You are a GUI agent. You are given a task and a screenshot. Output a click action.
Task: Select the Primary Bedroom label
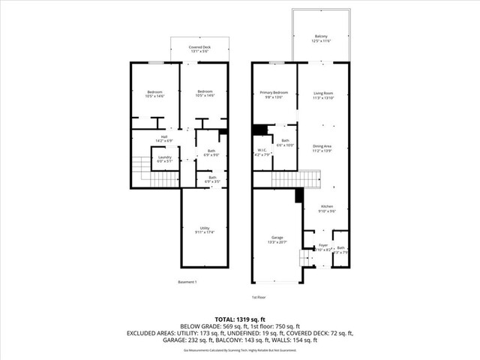click(x=274, y=93)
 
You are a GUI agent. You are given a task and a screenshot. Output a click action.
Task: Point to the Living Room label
click(x=322, y=93)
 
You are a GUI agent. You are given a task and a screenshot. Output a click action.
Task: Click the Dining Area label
click(x=322, y=148)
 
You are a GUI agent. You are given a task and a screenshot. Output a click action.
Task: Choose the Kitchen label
click(x=327, y=208)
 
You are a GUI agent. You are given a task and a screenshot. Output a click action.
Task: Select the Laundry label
click(x=164, y=157)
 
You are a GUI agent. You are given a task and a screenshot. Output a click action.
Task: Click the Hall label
click(x=163, y=138)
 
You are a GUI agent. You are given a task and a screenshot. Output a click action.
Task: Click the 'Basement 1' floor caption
click(x=187, y=282)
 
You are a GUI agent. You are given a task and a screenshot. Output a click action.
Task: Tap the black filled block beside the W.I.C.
click(x=260, y=130)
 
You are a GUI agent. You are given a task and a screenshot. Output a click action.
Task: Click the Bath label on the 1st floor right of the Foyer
click(x=341, y=249)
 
